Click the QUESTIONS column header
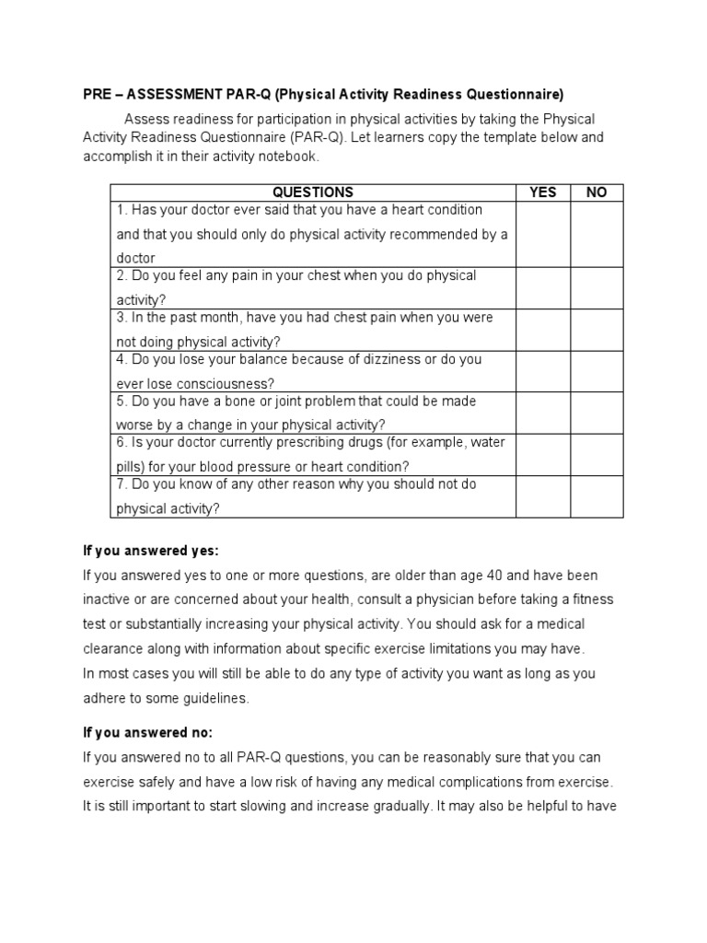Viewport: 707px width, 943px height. click(313, 192)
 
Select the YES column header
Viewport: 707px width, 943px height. click(543, 192)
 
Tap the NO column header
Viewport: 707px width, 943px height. click(597, 192)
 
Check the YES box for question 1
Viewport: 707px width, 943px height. click(543, 234)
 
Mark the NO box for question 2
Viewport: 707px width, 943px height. click(597, 287)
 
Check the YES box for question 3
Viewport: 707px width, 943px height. click(543, 330)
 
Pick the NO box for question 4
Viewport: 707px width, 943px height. click(597, 371)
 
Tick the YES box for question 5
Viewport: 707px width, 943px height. click(543, 413)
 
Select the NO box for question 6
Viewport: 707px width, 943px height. click(597, 455)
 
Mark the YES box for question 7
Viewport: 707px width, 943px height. click(543, 496)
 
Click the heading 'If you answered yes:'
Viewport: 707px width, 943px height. click(151, 551)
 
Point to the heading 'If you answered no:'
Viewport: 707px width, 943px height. click(147, 733)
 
